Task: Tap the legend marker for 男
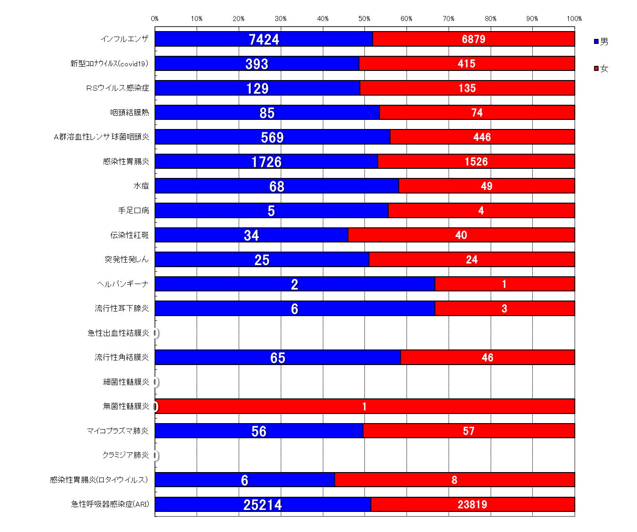(x=596, y=42)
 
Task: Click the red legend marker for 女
(x=596, y=69)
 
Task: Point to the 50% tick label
(x=364, y=19)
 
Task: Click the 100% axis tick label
(x=574, y=19)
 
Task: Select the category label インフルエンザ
(x=124, y=39)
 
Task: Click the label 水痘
(x=141, y=186)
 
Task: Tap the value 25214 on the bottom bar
(x=262, y=505)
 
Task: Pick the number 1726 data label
(x=267, y=162)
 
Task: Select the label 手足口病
(x=134, y=210)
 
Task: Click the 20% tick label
(x=239, y=19)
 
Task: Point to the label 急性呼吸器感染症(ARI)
(x=110, y=504)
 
